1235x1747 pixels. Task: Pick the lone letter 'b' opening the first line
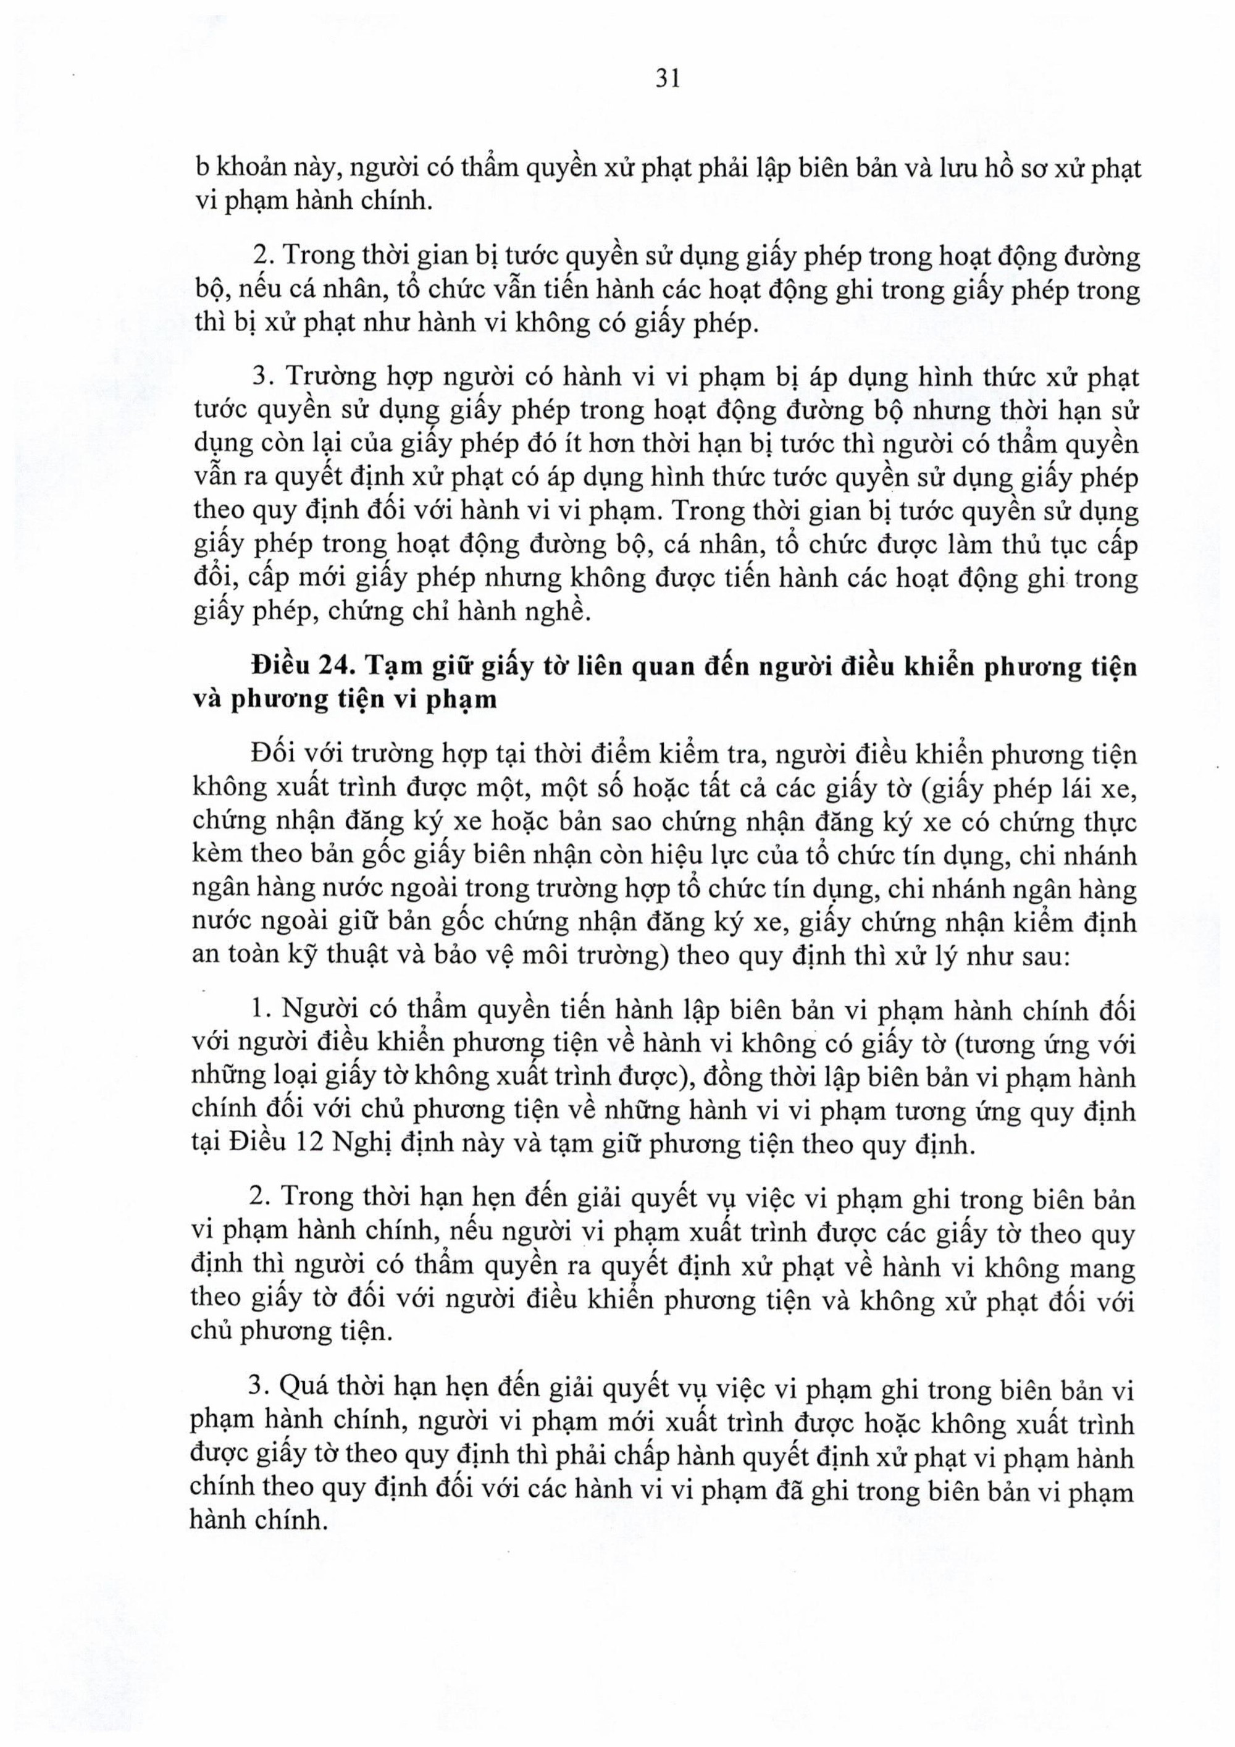tap(201, 168)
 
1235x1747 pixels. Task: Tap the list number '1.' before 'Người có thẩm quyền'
tap(262, 1011)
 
